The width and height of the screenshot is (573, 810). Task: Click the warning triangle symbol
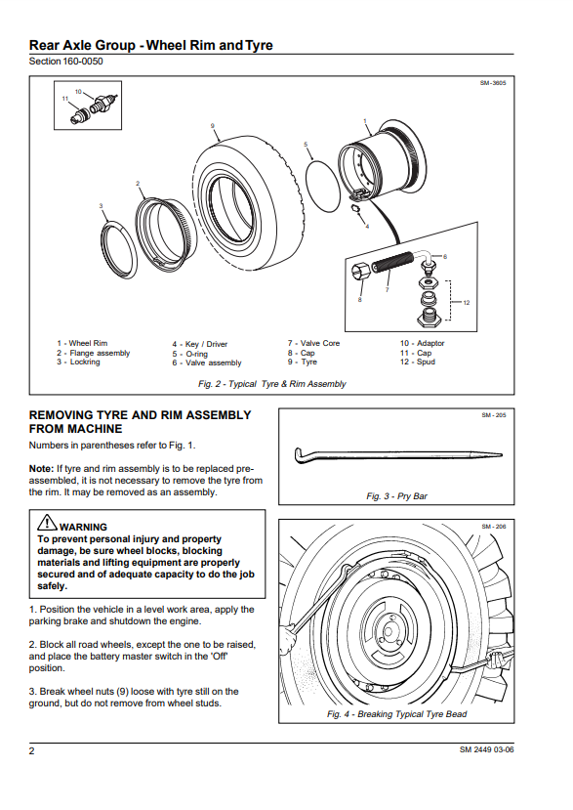[47, 523]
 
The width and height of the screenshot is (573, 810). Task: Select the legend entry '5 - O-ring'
[190, 354]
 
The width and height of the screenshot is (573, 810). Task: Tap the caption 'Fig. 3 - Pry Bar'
[396, 496]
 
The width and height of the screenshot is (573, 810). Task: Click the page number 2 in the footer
[31, 750]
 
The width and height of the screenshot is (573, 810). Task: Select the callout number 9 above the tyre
[212, 125]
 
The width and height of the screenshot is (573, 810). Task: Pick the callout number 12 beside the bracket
[467, 302]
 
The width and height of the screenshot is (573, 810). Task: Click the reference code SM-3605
[493, 83]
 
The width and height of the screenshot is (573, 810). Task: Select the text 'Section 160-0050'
[65, 62]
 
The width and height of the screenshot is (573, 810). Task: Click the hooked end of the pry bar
[299, 454]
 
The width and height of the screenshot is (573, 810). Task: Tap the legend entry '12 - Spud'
[417, 362]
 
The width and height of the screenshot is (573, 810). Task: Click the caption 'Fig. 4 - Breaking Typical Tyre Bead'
[396, 714]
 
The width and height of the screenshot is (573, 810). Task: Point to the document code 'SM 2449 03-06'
[487, 749]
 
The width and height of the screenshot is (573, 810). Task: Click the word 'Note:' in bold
[41, 469]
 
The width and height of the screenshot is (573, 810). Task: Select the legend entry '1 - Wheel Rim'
[82, 343]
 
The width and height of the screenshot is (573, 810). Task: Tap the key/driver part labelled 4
[355, 208]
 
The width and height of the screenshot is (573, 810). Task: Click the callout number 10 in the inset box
[78, 92]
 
